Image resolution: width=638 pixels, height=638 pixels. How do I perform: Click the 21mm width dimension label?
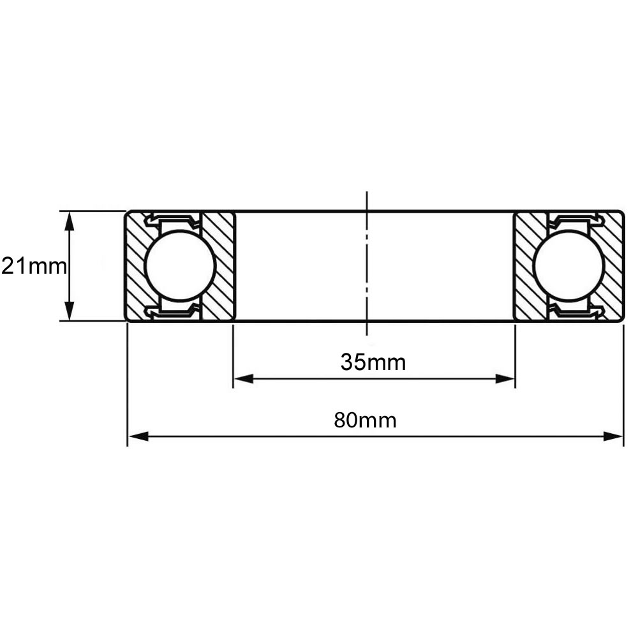coord(34,267)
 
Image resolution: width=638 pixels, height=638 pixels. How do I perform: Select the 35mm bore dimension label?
coord(373,362)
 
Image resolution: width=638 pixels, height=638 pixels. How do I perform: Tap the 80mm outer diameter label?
coord(365,420)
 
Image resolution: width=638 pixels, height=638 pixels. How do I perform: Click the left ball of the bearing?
coord(179,266)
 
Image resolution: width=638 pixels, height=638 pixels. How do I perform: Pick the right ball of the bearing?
coord(569,266)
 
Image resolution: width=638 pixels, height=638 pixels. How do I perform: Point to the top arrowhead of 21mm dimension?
coord(70,221)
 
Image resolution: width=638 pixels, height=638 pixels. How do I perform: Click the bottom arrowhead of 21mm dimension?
coord(70,311)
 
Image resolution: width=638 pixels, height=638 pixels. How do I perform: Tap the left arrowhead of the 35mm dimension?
coord(243,379)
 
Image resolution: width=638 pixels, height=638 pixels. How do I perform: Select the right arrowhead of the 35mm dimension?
coord(505,379)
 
